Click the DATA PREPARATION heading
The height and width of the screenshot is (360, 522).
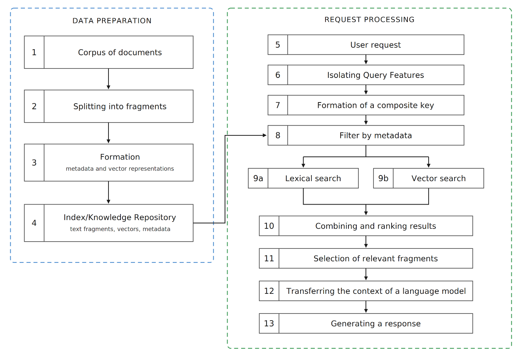pyautogui.click(x=112, y=21)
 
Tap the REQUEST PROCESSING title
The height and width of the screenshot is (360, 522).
pyautogui.click(x=369, y=20)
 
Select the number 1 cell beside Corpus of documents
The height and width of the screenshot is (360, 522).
pyautogui.click(x=34, y=52)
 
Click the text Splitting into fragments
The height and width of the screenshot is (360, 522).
pyautogui.click(x=120, y=107)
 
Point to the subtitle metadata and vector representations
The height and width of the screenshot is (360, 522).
pyautogui.click(x=120, y=169)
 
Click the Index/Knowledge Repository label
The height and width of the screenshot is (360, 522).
pyautogui.click(x=120, y=217)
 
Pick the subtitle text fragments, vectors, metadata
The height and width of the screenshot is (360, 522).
pyautogui.click(x=120, y=229)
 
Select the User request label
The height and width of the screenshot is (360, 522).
pyautogui.click(x=375, y=45)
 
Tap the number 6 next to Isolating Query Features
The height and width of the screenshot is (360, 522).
pyautogui.click(x=278, y=75)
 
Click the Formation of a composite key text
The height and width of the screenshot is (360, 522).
pyautogui.click(x=375, y=106)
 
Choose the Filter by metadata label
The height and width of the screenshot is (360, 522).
pyautogui.click(x=375, y=135)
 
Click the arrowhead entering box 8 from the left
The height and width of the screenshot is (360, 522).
pyautogui.click(x=265, y=135)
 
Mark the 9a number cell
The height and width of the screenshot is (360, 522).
pyautogui.click(x=258, y=178)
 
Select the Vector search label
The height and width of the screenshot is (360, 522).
pyautogui.click(x=438, y=178)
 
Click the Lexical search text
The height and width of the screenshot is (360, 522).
pyautogui.click(x=313, y=178)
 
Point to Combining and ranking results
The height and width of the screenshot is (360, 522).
pyautogui.click(x=375, y=226)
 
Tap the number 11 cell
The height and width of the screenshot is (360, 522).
pyautogui.click(x=269, y=258)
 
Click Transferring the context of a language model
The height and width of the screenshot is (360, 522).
pyautogui.click(x=376, y=291)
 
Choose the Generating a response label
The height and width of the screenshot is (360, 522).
pyautogui.click(x=376, y=324)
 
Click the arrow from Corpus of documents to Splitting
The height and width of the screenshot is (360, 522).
pyautogui.click(x=108, y=79)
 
